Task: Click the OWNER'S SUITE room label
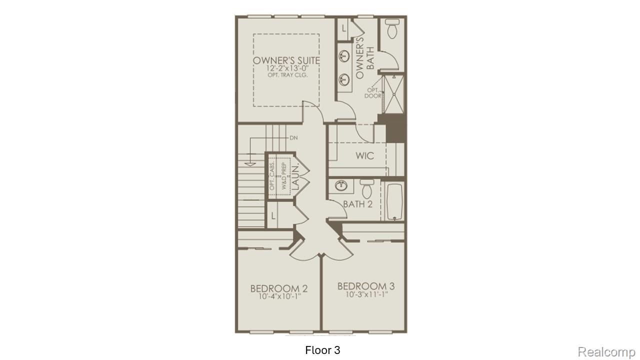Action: [x=286, y=60]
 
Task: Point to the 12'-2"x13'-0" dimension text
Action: [x=286, y=68]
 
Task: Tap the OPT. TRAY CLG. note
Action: [x=286, y=75]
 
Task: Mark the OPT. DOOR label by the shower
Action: [x=373, y=92]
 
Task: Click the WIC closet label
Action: [x=364, y=156]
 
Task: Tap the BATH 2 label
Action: [x=357, y=204]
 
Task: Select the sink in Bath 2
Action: [x=341, y=186]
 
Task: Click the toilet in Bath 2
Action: [x=367, y=187]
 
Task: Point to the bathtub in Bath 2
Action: [x=394, y=201]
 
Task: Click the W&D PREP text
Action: [x=283, y=177]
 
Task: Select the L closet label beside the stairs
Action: [x=273, y=215]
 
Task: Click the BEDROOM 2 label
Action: [x=278, y=288]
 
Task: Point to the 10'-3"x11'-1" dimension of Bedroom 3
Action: [x=366, y=294]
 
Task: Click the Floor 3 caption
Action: [x=322, y=350]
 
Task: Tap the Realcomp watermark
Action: [x=606, y=352]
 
